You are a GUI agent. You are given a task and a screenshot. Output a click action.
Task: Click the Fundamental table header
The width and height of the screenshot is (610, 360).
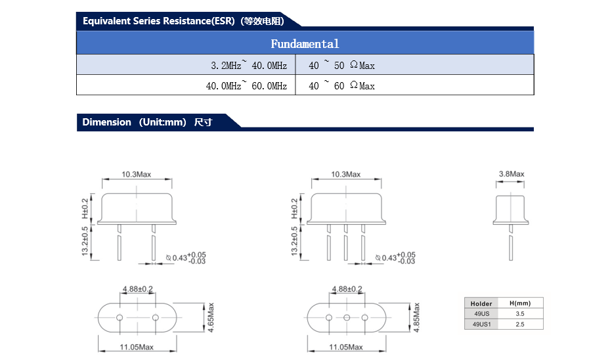click(305, 43)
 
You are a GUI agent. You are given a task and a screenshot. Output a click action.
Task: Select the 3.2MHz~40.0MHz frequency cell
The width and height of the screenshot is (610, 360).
click(186, 64)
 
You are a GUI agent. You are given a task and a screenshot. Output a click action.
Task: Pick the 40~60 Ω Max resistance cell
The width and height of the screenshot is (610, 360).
click(415, 85)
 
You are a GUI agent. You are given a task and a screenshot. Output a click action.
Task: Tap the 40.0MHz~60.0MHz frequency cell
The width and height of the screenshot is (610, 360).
click(186, 85)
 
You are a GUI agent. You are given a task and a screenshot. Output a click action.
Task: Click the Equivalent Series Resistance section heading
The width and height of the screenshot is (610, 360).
click(183, 21)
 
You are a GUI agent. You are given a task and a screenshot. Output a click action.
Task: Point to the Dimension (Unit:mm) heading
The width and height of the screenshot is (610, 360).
click(147, 122)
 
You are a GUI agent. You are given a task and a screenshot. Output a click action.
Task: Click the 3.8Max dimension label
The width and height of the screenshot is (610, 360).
click(512, 174)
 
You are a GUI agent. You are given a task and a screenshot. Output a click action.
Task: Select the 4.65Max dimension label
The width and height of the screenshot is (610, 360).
click(211, 317)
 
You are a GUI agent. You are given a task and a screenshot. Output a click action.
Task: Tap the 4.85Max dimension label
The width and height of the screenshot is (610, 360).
click(417, 317)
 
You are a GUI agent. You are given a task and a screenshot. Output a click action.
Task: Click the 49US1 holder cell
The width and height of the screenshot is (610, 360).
click(481, 324)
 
